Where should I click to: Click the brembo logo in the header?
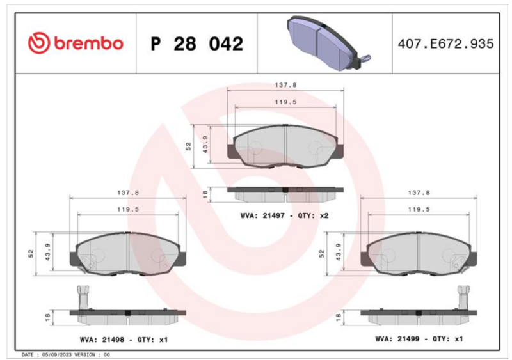[76, 43]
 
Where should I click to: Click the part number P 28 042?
[197, 43]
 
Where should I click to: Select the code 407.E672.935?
[445, 43]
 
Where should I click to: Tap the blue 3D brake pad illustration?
[328, 42]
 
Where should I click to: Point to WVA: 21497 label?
[262, 215]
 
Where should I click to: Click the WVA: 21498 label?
[102, 340]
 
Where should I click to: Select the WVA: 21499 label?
[397, 339]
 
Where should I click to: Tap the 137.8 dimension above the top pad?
[285, 85]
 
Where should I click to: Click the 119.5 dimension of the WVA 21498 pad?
[128, 210]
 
